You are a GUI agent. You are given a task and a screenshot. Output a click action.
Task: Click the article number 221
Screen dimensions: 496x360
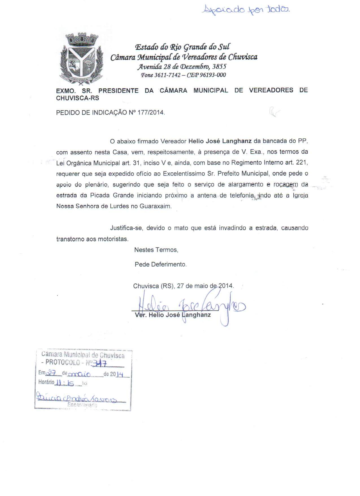(x=302, y=163)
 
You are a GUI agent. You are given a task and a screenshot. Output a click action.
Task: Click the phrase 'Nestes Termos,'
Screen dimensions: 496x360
(x=156, y=250)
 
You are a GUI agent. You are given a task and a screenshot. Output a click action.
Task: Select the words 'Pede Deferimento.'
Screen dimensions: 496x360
(x=161, y=265)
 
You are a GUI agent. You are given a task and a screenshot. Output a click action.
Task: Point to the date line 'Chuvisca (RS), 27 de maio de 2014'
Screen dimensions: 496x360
(x=184, y=286)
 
